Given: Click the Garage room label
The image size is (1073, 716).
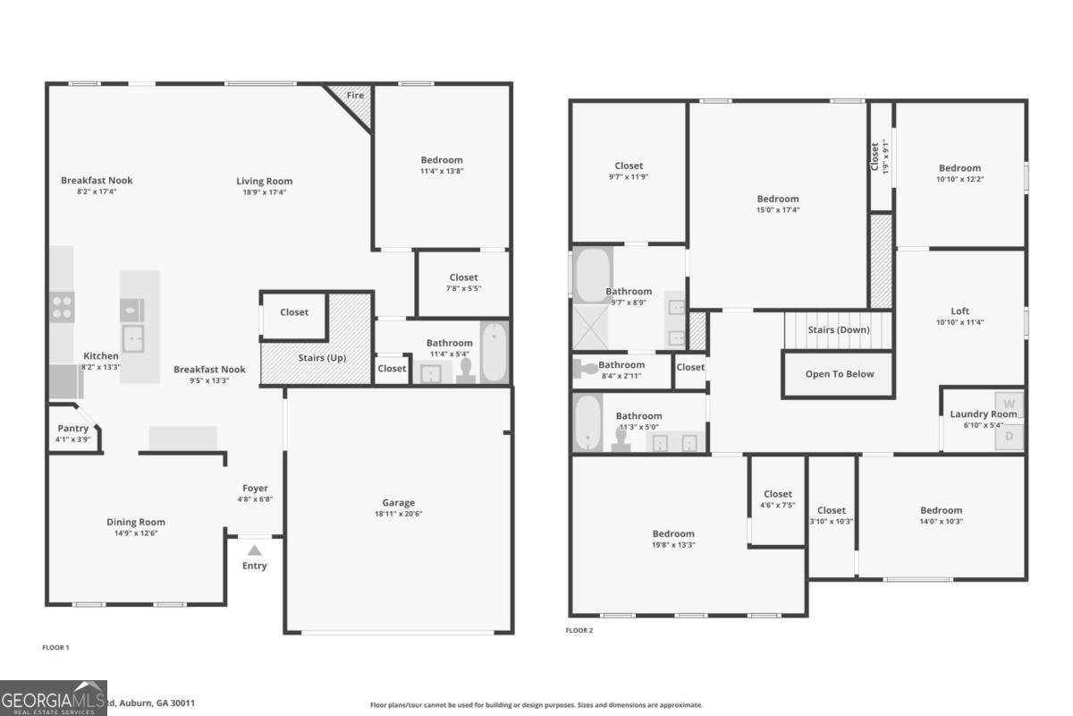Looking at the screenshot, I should pyautogui.click(x=399, y=503).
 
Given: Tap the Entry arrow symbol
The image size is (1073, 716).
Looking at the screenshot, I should pyautogui.click(x=255, y=550).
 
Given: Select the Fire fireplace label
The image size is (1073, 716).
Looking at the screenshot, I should pyautogui.click(x=355, y=94).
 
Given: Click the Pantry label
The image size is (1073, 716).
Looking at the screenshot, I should pyautogui.click(x=73, y=429).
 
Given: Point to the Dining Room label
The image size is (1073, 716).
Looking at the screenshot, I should pyautogui.click(x=136, y=522).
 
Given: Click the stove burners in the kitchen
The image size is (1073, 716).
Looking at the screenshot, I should pyautogui.click(x=62, y=307).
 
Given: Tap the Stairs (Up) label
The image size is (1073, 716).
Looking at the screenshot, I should pyautogui.click(x=322, y=358).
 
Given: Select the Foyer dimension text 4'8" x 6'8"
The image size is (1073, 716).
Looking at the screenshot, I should pyautogui.click(x=254, y=499).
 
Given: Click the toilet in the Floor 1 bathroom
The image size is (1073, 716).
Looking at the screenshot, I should pyautogui.click(x=465, y=373).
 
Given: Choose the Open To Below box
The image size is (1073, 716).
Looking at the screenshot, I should pyautogui.click(x=839, y=374).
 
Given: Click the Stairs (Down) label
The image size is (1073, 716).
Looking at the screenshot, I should pyautogui.click(x=838, y=329).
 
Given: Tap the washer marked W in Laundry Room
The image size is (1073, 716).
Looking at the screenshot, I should pyautogui.click(x=1010, y=403).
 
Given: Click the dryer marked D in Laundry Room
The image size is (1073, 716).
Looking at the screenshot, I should pyautogui.click(x=1010, y=437).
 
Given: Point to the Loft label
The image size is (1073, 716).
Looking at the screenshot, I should pyautogui.click(x=959, y=311).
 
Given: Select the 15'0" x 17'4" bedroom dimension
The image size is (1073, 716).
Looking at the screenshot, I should pyautogui.click(x=778, y=210).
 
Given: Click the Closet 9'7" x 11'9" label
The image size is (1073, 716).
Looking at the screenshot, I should pyautogui.click(x=629, y=166).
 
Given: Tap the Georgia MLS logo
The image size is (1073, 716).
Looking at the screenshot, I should pyautogui.click(x=54, y=698).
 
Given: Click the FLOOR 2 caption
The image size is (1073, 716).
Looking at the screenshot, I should pyautogui.click(x=579, y=630).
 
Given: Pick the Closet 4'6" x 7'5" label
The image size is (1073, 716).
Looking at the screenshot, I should pyautogui.click(x=777, y=494).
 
